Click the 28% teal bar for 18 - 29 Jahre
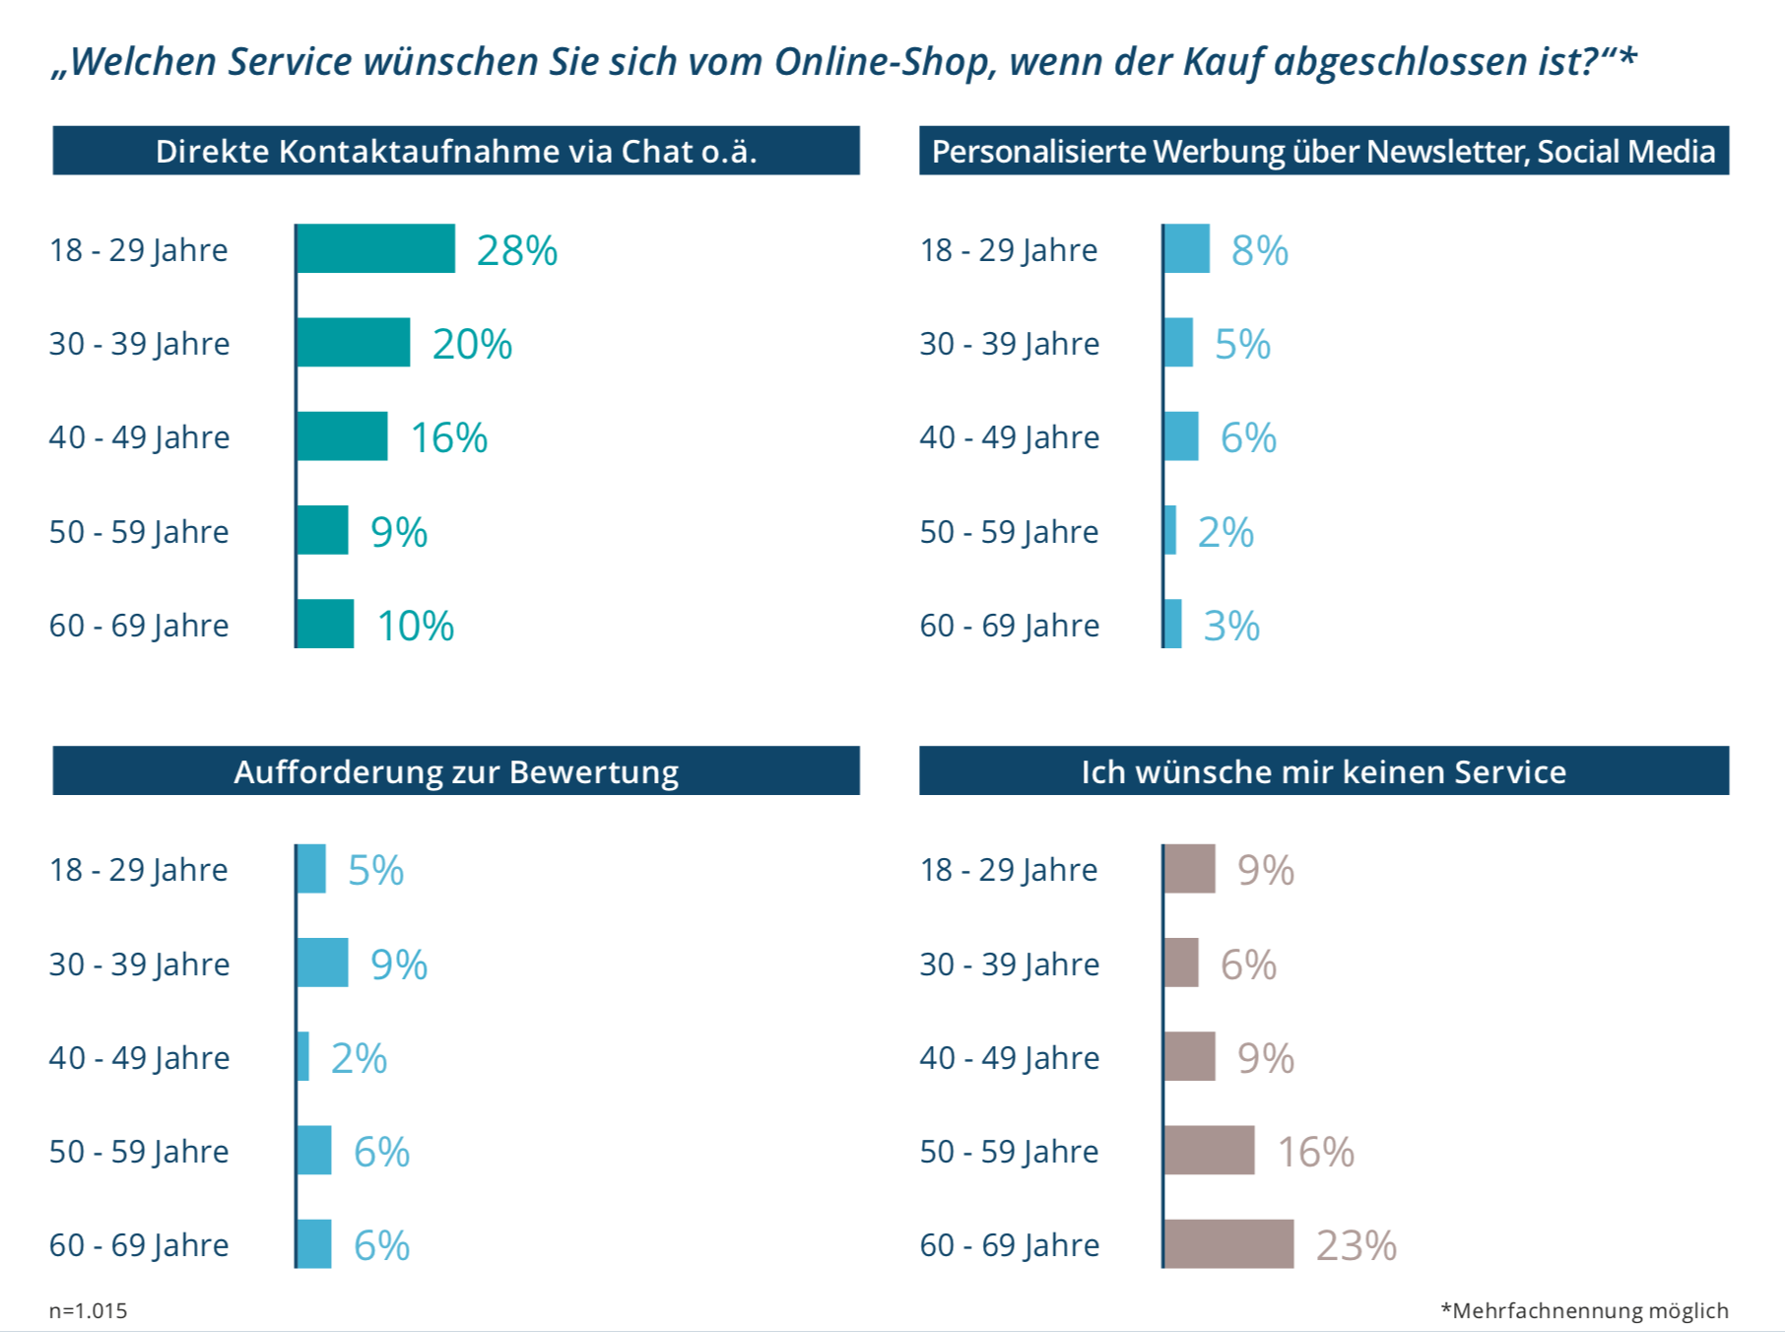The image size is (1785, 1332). point(375,248)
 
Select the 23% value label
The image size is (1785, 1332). point(1356,1245)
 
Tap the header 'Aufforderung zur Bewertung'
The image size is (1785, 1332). point(456,771)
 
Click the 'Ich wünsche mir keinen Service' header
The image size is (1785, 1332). point(1323,771)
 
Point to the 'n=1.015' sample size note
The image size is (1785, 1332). point(89,1310)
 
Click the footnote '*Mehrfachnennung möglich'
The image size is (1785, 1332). point(1584,1310)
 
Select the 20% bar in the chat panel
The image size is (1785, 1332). point(353,342)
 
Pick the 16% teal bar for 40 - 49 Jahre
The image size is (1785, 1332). point(342,436)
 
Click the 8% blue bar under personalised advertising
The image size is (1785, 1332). point(1186,248)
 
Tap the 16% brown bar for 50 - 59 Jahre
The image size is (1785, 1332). point(1209,1150)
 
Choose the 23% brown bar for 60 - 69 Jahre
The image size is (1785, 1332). point(1228,1243)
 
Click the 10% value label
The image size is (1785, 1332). point(416,626)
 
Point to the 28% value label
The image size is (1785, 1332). point(517,250)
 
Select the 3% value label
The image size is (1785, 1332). point(1231,626)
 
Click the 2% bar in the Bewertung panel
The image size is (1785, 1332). point(302,1056)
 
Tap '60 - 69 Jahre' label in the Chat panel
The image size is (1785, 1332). point(139,626)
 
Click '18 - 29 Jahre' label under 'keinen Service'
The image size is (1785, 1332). point(1009,870)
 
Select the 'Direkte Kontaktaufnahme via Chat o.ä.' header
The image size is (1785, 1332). point(456,151)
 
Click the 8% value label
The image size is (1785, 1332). point(1260,250)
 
